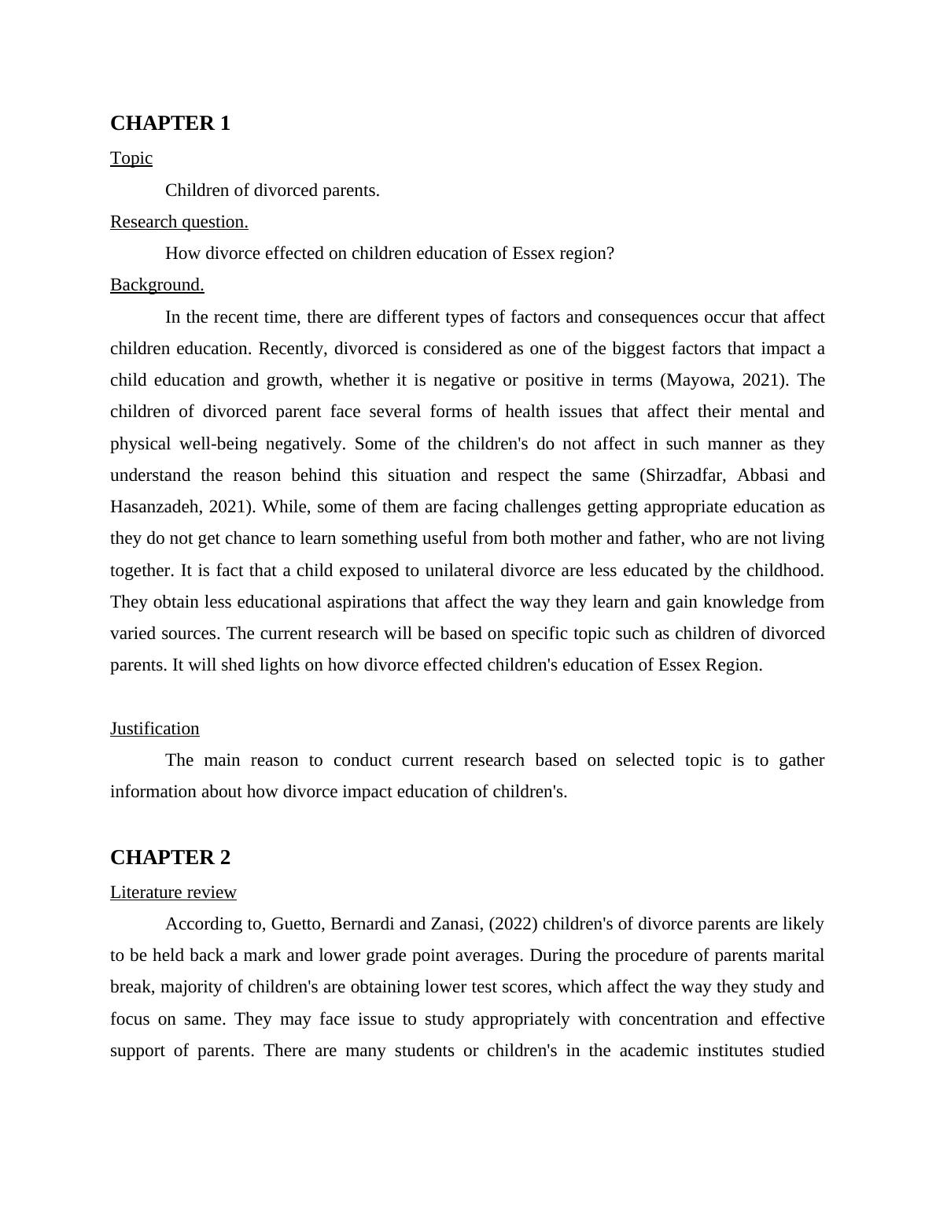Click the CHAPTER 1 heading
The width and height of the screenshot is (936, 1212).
[170, 124]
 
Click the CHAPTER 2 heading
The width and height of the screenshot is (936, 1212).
[170, 858]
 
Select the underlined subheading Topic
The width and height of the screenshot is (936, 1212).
[131, 158]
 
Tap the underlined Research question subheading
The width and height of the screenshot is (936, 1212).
[179, 222]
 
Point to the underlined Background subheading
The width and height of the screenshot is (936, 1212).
[157, 285]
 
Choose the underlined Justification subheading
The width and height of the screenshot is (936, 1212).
[154, 729]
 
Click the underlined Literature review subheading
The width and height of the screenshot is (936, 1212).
[173, 892]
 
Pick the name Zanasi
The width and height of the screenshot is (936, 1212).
[455, 924]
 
